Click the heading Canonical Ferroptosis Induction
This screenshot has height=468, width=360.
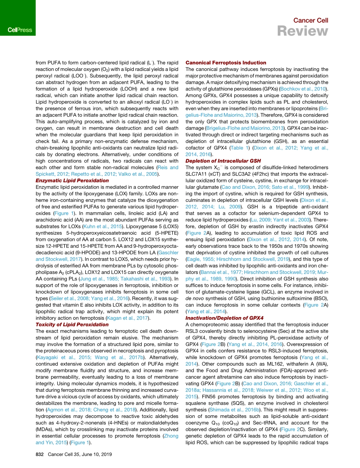pos(226,63)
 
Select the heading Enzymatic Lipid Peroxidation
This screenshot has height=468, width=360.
pos(72,181)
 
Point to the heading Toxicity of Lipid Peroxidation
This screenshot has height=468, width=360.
pos(72,324)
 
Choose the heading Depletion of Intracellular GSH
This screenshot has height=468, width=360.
pos(223,161)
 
